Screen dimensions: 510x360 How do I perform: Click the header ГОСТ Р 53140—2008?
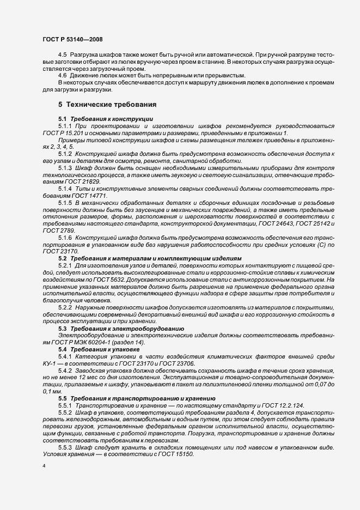coord(72,40)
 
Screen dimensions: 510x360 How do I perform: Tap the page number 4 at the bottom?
coord(44,466)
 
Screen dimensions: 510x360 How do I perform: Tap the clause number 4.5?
coord(63,55)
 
